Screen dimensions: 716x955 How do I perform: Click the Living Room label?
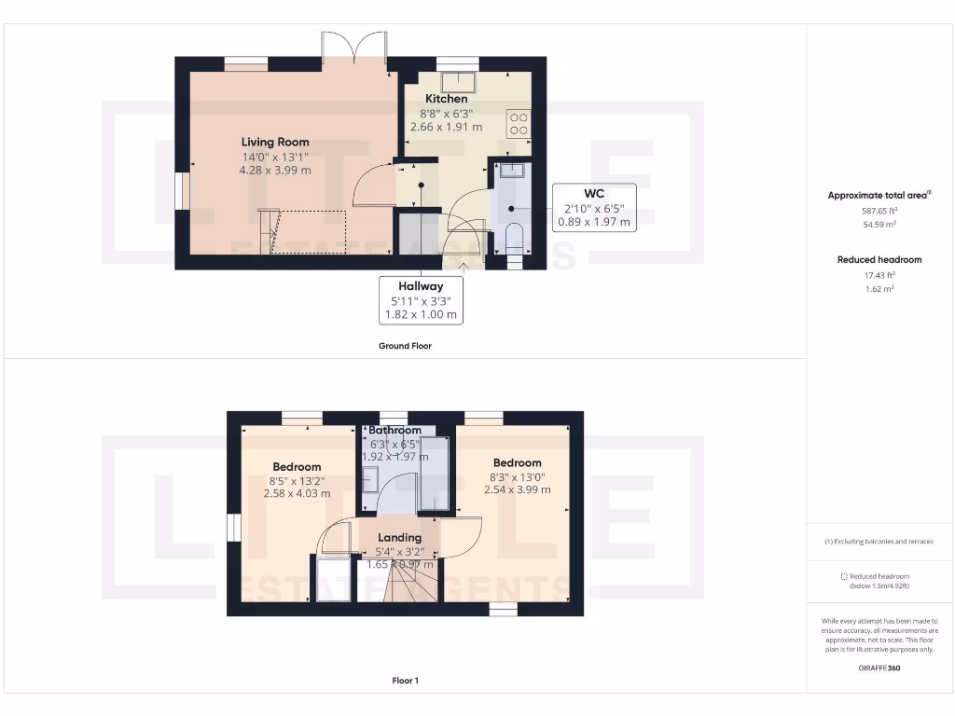pyautogui.click(x=275, y=143)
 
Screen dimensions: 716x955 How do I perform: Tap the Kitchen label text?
pyautogui.click(x=447, y=99)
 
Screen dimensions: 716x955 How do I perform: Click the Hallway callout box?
pyautogui.click(x=422, y=300)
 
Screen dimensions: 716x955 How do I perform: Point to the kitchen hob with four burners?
pyautogui.click(x=518, y=125)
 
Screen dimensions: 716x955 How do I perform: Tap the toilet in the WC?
pyautogui.click(x=513, y=238)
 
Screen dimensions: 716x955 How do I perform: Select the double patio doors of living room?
pyautogui.click(x=354, y=47)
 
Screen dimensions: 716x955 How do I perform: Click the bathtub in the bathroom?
pyautogui.click(x=433, y=474)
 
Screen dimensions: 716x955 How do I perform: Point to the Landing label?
pyautogui.click(x=399, y=538)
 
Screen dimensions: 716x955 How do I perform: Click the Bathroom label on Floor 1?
pyautogui.click(x=394, y=431)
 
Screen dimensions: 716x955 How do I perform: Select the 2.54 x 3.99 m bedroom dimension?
pyautogui.click(x=517, y=489)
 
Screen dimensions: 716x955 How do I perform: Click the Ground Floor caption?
pyautogui.click(x=405, y=346)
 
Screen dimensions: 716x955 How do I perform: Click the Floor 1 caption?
pyautogui.click(x=405, y=681)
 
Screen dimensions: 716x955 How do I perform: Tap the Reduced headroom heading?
pyautogui.click(x=879, y=260)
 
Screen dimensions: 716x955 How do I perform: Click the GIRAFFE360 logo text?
pyautogui.click(x=879, y=668)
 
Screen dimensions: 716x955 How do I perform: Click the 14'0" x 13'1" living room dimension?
pyautogui.click(x=275, y=158)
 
